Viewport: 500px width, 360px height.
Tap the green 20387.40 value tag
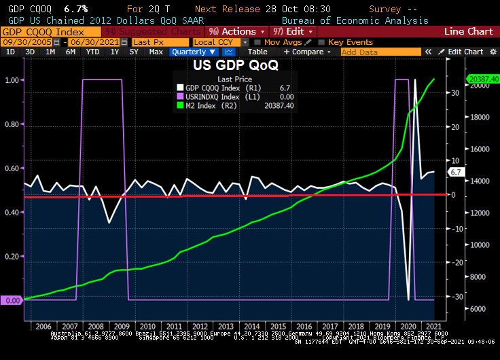point(482,79)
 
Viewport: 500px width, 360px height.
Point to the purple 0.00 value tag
point(12,300)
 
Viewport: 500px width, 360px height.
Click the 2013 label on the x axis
point(226,326)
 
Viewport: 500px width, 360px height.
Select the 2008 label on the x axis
point(96,326)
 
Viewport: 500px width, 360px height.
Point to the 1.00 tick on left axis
point(12,81)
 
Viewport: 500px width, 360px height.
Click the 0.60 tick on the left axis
point(12,168)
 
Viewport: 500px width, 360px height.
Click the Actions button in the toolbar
point(235,32)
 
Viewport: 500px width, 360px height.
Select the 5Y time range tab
point(134,52)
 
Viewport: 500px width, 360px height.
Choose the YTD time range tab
point(93,52)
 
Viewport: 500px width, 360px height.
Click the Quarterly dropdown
point(194,52)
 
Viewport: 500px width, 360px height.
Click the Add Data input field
point(368,52)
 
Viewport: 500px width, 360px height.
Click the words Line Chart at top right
point(468,32)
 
